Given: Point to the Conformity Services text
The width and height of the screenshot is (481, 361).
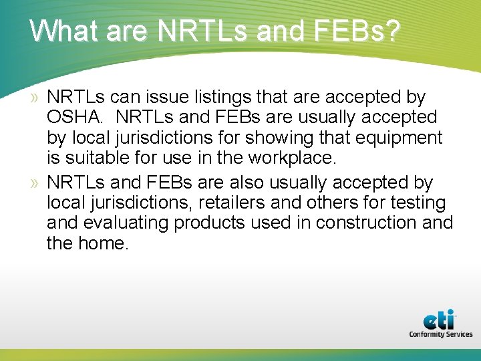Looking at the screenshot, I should pyautogui.click(x=440, y=334).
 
